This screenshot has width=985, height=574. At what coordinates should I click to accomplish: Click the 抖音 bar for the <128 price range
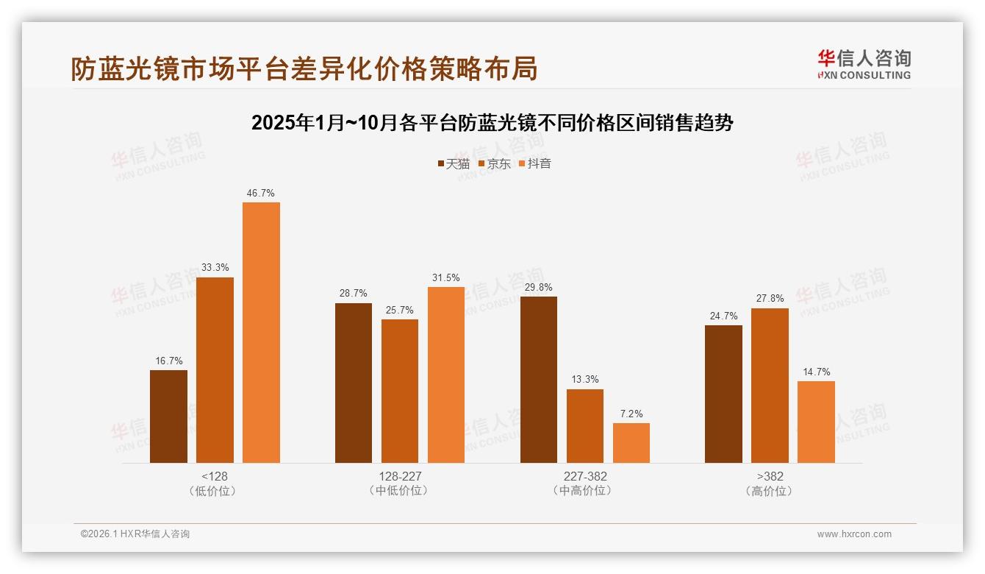click(x=261, y=333)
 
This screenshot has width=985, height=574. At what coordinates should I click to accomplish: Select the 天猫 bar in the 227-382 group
click(x=539, y=380)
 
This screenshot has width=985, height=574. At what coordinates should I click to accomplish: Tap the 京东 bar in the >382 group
click(x=770, y=386)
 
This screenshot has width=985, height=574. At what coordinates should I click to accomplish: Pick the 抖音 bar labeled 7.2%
click(x=631, y=443)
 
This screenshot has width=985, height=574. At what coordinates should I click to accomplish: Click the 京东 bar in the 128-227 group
click(x=400, y=391)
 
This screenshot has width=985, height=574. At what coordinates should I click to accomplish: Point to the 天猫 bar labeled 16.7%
click(x=168, y=417)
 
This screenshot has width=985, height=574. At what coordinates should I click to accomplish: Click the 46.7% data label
click(x=261, y=194)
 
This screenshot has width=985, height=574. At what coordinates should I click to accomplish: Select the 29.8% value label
click(x=539, y=288)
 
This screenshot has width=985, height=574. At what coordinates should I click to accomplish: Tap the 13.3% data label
click(x=585, y=380)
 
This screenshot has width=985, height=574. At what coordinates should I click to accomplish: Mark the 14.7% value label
click(x=816, y=372)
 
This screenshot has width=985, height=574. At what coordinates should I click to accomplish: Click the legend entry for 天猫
click(x=454, y=164)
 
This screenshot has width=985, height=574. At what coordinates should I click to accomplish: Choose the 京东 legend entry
click(x=495, y=164)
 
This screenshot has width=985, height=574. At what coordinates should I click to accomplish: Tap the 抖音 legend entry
click(x=535, y=164)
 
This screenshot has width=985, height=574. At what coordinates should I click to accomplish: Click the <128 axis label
click(x=215, y=476)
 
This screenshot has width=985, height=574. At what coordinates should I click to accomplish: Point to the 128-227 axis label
click(x=400, y=476)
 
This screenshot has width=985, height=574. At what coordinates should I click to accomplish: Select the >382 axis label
click(x=770, y=476)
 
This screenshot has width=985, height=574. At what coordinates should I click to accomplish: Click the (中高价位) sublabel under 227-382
click(x=585, y=491)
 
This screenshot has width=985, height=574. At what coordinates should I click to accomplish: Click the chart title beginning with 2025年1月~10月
click(x=492, y=123)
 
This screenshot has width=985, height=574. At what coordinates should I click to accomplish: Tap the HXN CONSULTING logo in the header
click(x=864, y=64)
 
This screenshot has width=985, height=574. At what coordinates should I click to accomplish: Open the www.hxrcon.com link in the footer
click(x=854, y=534)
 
